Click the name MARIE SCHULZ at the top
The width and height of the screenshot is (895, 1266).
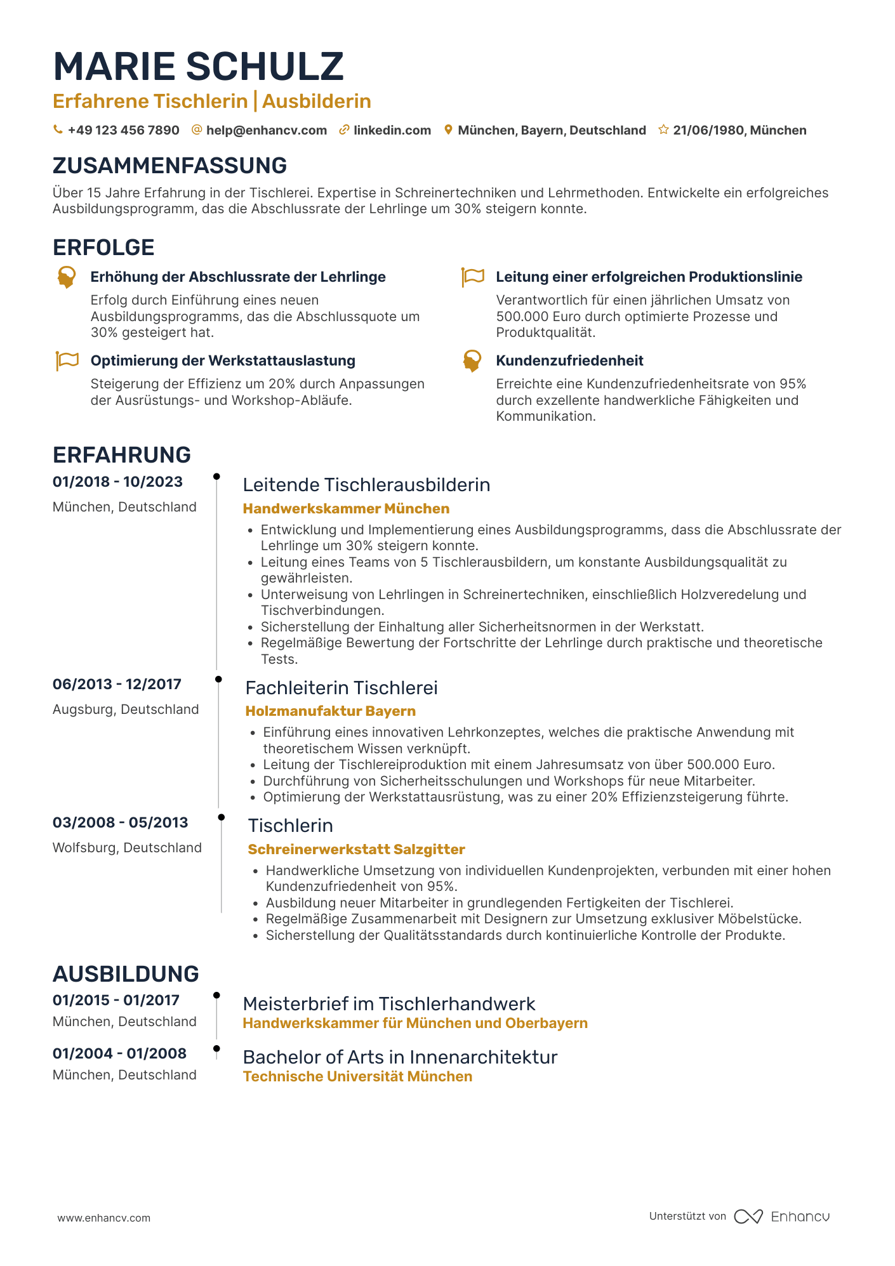(x=198, y=67)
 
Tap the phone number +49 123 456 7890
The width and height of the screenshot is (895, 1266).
(x=123, y=130)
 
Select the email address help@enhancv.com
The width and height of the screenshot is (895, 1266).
(x=266, y=130)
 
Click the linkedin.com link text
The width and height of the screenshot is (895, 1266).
(x=392, y=130)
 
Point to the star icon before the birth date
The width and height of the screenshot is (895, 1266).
(x=663, y=129)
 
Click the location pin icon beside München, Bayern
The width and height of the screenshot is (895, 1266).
(x=448, y=129)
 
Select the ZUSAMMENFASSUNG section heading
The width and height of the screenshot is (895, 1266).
(x=169, y=166)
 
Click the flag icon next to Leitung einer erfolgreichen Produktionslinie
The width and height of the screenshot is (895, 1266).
(x=472, y=277)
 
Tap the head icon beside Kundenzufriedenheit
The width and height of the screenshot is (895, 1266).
(x=472, y=360)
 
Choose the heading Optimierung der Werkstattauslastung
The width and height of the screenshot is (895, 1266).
(x=223, y=360)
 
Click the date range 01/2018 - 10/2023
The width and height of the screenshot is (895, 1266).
(x=117, y=482)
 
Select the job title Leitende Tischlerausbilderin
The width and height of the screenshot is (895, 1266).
(x=366, y=485)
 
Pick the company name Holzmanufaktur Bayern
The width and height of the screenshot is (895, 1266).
(x=330, y=711)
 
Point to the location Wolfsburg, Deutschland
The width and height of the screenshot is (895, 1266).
(x=127, y=848)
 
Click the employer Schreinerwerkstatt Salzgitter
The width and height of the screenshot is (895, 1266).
(x=356, y=849)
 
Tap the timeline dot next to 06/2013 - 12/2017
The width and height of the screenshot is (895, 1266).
(x=218, y=679)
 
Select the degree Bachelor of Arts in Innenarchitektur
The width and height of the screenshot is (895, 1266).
(x=400, y=1057)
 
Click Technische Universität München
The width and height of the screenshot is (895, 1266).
(x=357, y=1076)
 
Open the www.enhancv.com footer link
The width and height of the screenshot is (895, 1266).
(x=104, y=1218)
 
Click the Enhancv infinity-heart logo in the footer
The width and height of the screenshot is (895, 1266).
(x=748, y=1217)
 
